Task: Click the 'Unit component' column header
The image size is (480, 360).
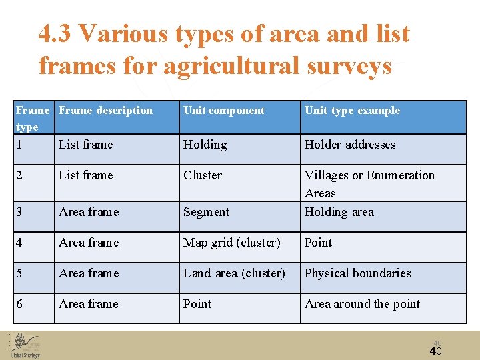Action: (x=224, y=111)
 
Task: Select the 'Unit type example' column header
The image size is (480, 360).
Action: (x=352, y=111)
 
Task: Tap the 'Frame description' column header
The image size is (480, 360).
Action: (x=105, y=111)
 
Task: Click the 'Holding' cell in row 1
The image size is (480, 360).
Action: (x=205, y=145)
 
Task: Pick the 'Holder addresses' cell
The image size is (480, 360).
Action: (x=350, y=145)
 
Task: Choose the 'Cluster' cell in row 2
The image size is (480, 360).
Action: (x=203, y=175)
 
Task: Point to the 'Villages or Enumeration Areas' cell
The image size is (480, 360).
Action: (x=369, y=183)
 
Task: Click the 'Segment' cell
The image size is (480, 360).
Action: (x=207, y=212)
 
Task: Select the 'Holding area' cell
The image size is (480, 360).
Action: (x=339, y=212)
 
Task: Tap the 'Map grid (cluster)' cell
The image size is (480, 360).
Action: (x=231, y=243)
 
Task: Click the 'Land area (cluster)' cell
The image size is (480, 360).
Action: (x=234, y=273)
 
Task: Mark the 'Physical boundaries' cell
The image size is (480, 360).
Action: (x=357, y=273)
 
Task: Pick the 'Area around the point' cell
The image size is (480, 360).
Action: (x=362, y=304)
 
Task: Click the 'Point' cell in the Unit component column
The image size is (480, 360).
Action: (x=197, y=304)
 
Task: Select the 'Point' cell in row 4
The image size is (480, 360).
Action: (x=318, y=243)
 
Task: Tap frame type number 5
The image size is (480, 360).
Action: (x=20, y=273)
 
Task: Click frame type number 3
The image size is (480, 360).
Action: (x=20, y=212)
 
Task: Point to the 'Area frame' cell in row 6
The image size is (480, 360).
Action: (x=89, y=304)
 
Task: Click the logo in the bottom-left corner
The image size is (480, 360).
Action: (x=25, y=344)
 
